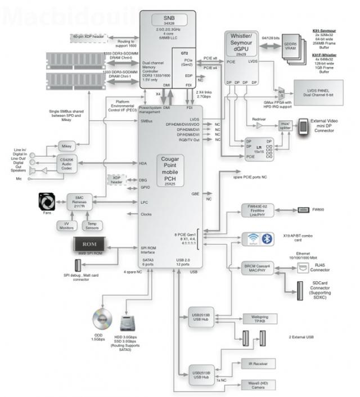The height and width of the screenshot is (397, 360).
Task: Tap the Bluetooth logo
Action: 268,238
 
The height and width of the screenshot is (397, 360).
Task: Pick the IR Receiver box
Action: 257,364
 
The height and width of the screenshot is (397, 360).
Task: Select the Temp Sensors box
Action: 93,225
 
